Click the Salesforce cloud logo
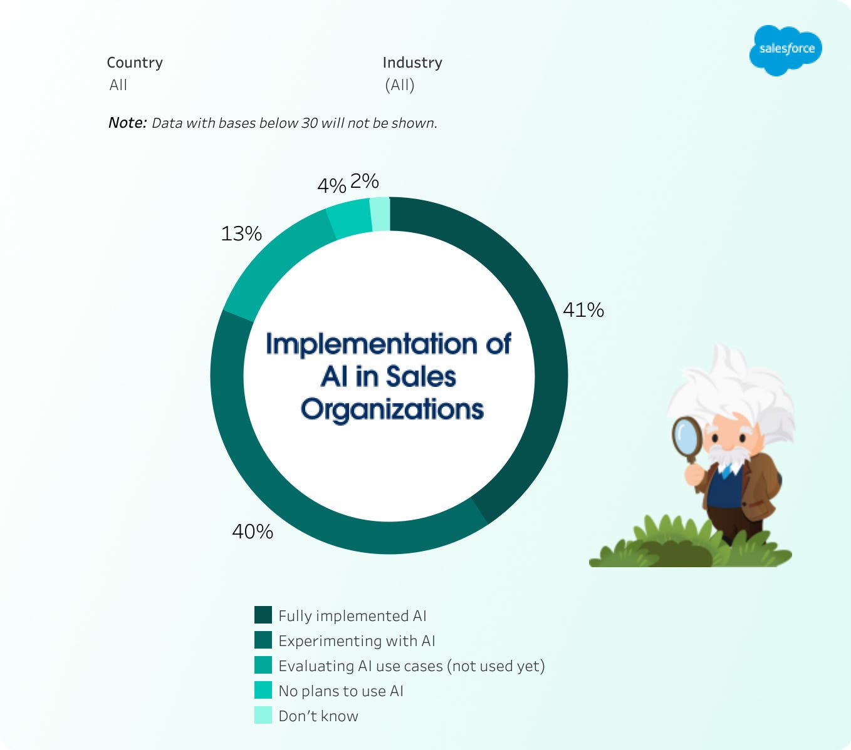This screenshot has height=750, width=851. click(785, 50)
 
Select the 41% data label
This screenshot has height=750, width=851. click(583, 310)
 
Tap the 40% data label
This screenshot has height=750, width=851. click(253, 532)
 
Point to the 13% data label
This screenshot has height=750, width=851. click(241, 234)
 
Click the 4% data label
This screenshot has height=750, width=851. click(332, 185)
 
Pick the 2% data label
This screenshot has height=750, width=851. click(364, 181)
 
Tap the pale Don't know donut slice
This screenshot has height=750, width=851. click(380, 214)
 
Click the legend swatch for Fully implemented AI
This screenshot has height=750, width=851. click(263, 615)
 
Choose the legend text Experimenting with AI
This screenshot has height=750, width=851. click(357, 641)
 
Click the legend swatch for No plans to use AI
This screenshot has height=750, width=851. click(263, 691)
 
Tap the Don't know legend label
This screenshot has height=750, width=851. click(318, 716)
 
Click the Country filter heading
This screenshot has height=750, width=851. click(134, 63)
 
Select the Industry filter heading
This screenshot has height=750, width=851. click(412, 63)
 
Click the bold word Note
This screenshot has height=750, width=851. click(128, 123)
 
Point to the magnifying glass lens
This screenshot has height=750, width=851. click(687, 436)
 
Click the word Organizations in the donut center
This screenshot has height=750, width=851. click(392, 409)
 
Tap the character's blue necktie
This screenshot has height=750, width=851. click(726, 473)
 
